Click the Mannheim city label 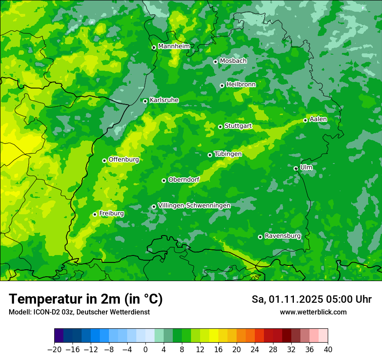(174, 46)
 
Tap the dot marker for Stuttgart (220, 127)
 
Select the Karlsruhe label (164, 100)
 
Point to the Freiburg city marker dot (95, 214)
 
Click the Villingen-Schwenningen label (194, 205)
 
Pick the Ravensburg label (282, 236)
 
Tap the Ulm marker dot (296, 168)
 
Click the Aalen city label (318, 119)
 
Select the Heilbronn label (241, 84)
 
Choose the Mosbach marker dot (215, 62)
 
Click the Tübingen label (228, 154)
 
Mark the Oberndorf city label (184, 179)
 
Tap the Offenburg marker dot (104, 160)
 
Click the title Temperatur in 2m (86, 299)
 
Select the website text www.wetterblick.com (313, 312)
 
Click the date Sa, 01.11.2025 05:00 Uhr (311, 299)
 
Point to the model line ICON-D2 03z (79, 312)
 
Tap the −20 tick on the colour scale (54, 350)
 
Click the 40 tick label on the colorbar (328, 350)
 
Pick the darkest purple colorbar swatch (59, 336)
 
